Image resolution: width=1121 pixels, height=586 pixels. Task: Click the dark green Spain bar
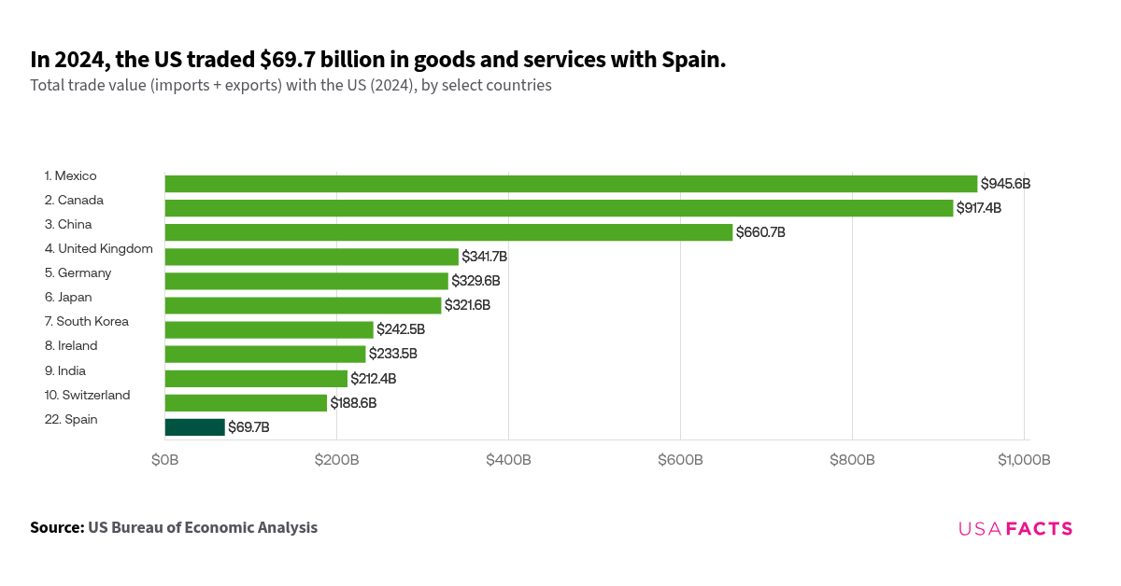(195, 427)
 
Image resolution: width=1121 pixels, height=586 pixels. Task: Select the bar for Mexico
(571, 184)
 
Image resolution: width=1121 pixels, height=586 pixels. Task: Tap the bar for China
(448, 232)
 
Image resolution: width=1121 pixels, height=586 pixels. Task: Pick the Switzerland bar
(246, 403)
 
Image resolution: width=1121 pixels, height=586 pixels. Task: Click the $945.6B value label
(1005, 184)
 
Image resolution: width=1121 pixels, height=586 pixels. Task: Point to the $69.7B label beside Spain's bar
(248, 427)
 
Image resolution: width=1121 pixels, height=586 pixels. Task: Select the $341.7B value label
(485, 257)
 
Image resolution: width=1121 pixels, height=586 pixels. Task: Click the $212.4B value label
(374, 379)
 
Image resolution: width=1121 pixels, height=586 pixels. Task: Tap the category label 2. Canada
(74, 200)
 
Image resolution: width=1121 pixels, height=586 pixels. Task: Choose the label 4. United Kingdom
(98, 248)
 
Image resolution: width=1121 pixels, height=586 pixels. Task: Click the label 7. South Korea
(86, 321)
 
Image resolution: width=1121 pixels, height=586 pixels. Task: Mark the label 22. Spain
(71, 419)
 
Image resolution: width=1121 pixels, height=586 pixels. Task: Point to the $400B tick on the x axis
(508, 460)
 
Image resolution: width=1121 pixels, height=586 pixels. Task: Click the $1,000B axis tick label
(1024, 460)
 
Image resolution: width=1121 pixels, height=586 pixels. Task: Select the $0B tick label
(165, 460)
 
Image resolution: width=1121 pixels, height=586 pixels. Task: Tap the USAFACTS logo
(1015, 529)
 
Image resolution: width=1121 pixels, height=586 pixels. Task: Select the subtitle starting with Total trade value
(291, 86)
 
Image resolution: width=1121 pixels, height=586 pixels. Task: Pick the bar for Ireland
(265, 355)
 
